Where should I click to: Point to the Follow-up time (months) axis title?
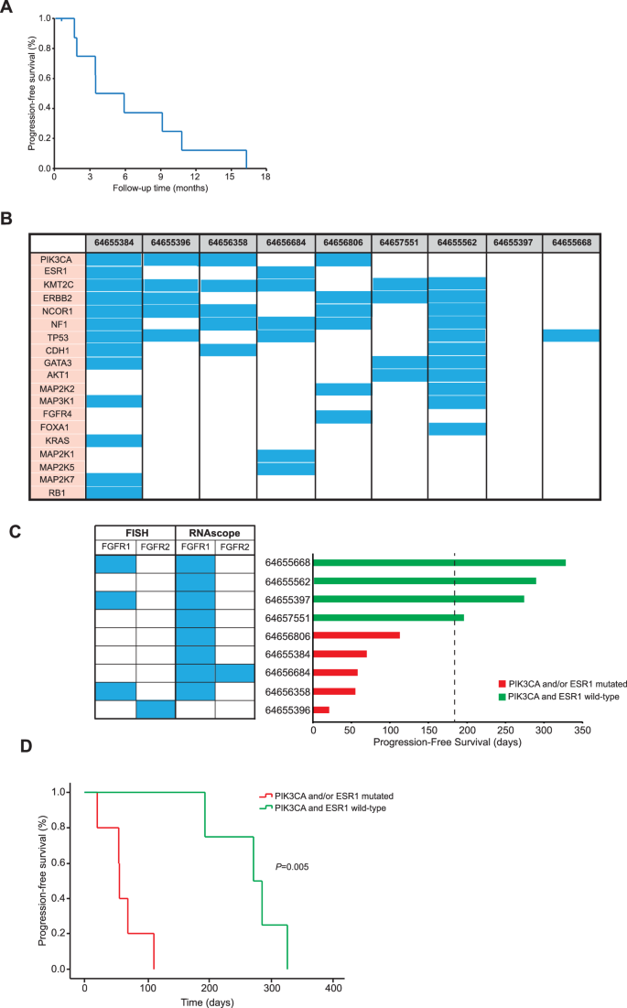[159, 189]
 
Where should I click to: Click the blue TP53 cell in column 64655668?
[570, 336]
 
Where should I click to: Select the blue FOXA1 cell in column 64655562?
[456, 429]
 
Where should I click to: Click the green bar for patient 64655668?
[439, 562]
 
